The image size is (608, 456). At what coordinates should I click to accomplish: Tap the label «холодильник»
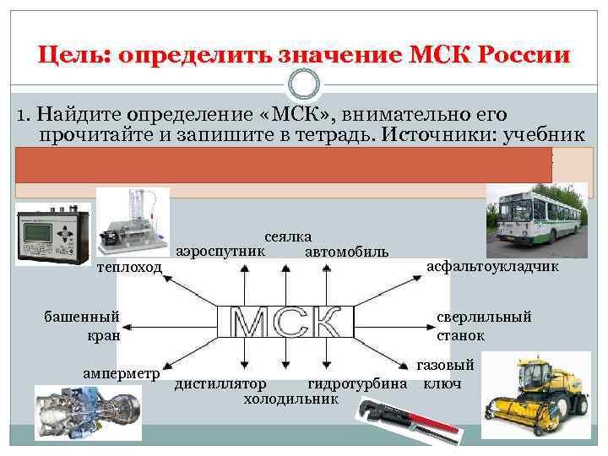[290, 399]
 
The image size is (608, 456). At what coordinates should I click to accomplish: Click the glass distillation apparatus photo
[133, 221]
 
